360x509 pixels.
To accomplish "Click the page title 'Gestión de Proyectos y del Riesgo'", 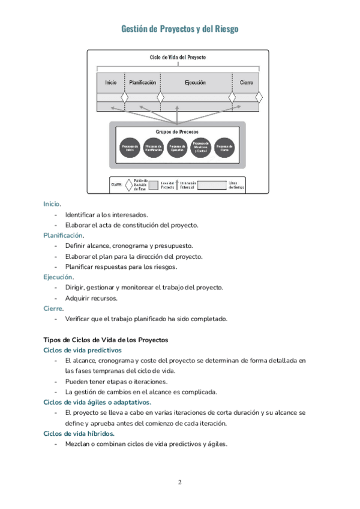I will (180, 29).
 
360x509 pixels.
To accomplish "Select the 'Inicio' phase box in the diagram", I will (111, 82).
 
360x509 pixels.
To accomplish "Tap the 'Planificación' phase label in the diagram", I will (143, 82).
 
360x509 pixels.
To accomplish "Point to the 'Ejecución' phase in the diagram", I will (196, 82).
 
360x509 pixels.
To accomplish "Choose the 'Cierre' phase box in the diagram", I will (246, 82).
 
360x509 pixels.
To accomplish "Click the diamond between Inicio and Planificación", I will (125, 97).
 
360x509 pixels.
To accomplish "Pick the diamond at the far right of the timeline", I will (259, 97).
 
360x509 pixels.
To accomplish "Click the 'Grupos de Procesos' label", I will (178, 131).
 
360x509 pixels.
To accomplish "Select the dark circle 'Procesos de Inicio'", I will (130, 148).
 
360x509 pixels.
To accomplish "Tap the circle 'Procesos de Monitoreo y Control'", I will (200, 148).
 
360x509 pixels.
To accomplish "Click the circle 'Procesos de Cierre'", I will (224, 148).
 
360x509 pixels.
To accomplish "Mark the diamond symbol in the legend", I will (128, 185).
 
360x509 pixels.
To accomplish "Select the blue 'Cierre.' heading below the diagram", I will (53, 308).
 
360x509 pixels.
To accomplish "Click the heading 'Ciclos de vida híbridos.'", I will (79, 433).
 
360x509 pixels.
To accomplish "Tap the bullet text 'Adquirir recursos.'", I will (91, 298).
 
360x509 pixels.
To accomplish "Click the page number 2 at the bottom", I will (180, 482).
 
